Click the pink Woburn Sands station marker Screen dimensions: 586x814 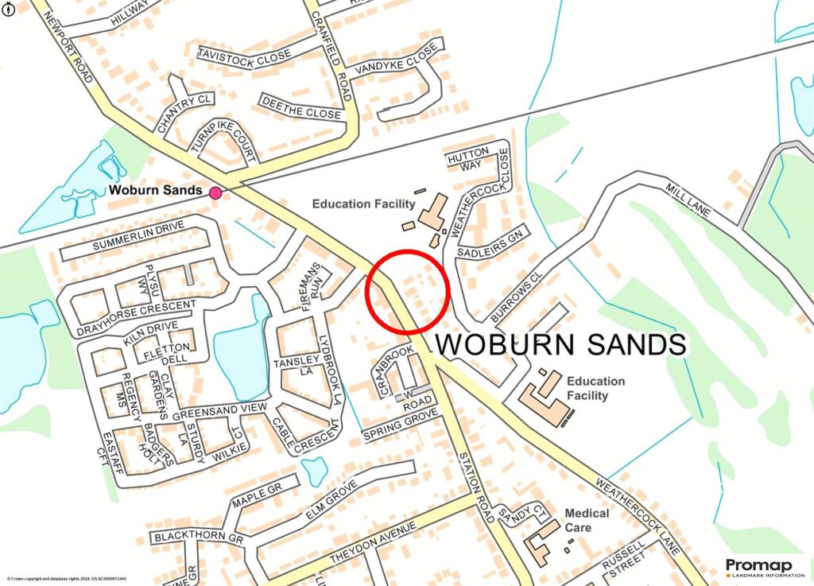pos(215,192)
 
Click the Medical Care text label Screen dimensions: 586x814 pos(587,520)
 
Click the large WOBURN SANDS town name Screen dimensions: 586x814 pos(560,344)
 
